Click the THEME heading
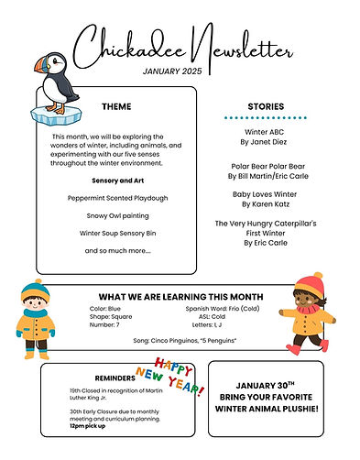coord(116,106)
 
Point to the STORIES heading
coord(265,106)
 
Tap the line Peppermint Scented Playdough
coord(116,198)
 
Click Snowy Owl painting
coord(116,215)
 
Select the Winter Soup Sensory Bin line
coord(116,233)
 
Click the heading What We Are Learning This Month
coord(180,297)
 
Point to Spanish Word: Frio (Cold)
coord(224,309)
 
